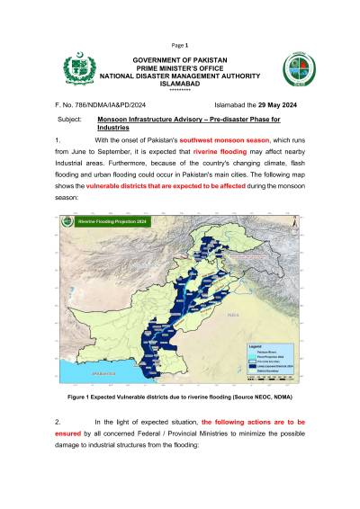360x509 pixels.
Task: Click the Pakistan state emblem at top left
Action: [78, 70]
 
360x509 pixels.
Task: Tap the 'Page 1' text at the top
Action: [179, 44]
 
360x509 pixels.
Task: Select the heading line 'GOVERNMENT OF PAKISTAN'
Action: [180, 60]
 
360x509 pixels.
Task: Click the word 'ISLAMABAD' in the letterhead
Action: [180, 85]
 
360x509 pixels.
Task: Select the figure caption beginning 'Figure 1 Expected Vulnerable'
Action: [179, 397]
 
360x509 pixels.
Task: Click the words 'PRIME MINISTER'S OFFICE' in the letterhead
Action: [180, 68]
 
